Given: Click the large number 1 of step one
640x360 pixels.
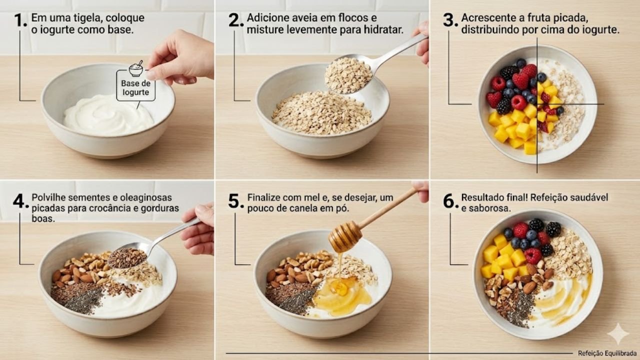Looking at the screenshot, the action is coord(20,20).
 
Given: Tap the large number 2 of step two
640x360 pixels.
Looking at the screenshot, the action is coord(235,20).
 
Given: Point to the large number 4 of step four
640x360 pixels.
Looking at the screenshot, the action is coord(21,201).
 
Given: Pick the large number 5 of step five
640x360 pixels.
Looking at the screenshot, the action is coord(235,201).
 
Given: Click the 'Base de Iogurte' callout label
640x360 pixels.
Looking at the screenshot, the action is coord(135,87).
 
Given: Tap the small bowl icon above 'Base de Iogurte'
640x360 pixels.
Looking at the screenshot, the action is coord(136,68).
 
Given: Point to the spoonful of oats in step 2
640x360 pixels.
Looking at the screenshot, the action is coord(348,75).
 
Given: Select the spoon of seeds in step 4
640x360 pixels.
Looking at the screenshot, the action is coord(127,257).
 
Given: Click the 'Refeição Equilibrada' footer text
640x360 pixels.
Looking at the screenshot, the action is coord(606,353).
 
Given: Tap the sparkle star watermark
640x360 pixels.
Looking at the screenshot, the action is coord(618,333).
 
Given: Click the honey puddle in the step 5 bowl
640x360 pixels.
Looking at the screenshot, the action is coord(342,295).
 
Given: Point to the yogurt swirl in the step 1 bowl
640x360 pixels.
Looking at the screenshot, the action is coord(108,115).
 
